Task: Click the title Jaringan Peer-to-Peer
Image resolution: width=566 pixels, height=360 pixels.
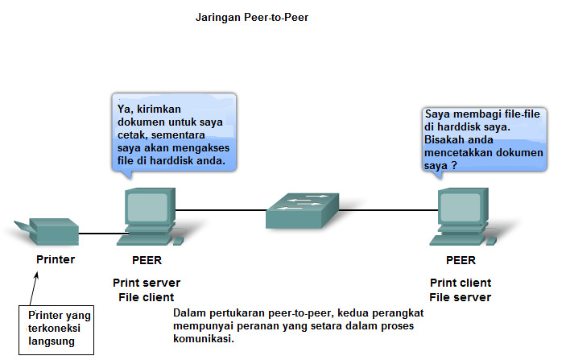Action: [252, 16]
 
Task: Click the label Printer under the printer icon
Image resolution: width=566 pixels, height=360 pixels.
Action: [56, 259]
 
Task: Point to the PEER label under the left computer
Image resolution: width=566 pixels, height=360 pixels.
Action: [147, 260]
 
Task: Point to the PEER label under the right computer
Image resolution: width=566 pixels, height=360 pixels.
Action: [461, 260]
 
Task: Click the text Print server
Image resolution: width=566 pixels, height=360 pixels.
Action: [147, 283]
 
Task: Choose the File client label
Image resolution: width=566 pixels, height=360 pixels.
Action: [147, 297]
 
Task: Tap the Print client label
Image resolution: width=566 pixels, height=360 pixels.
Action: [461, 283]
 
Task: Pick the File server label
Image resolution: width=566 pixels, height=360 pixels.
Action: [461, 297]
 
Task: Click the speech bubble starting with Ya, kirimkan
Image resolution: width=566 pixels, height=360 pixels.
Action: [174, 132]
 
